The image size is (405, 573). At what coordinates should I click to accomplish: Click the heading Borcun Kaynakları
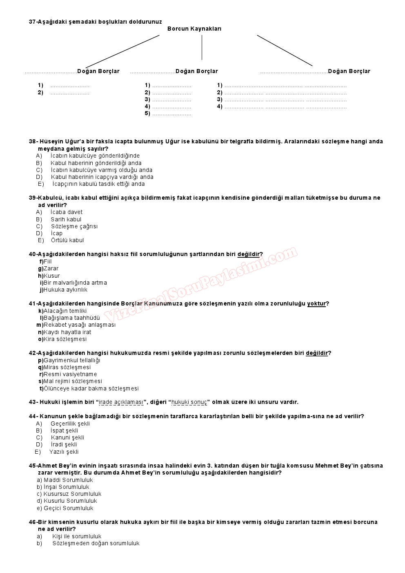194,29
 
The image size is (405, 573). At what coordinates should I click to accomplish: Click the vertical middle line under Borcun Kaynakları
202,47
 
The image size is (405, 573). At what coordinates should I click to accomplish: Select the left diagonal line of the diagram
122,51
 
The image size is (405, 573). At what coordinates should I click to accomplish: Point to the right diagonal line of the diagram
285,50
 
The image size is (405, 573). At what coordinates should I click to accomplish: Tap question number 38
33,141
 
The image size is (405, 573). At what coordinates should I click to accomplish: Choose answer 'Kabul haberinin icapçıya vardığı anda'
102,177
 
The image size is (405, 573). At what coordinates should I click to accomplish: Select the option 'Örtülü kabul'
67,240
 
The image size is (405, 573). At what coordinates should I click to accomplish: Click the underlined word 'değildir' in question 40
248,254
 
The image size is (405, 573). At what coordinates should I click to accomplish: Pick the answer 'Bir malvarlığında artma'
75,283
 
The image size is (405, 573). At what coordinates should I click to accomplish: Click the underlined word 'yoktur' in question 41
316,303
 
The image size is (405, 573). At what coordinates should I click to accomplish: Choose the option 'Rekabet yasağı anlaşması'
80,325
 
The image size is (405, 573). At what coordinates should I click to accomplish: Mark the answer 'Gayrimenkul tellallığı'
72,360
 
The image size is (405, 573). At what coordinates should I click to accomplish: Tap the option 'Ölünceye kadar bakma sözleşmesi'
91,388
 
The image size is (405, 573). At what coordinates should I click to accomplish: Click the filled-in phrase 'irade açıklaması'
121,402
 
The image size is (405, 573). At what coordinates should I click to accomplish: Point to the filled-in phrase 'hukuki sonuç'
189,402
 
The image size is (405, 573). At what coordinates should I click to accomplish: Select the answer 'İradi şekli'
64,444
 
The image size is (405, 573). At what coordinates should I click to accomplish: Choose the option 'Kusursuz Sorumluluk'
72,494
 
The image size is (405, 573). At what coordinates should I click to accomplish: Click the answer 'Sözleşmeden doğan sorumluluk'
96,543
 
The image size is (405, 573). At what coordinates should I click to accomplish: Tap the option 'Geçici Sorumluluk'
68,508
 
